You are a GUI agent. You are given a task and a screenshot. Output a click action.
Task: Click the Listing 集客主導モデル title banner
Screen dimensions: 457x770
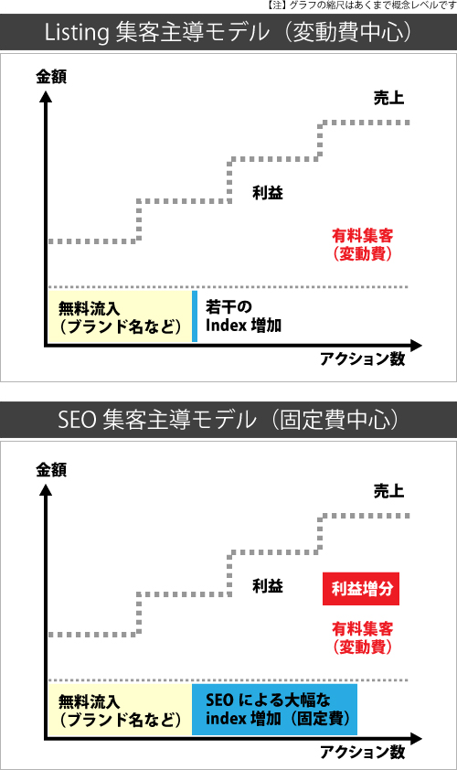click(x=228, y=32)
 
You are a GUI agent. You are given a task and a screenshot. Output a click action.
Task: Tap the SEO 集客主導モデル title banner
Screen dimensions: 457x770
click(x=228, y=420)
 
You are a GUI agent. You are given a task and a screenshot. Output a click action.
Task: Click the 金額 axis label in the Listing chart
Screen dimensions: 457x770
click(x=51, y=77)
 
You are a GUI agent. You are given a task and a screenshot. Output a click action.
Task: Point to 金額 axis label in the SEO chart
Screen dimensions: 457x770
click(x=51, y=469)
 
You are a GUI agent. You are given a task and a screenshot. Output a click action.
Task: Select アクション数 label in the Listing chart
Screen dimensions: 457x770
click(x=363, y=359)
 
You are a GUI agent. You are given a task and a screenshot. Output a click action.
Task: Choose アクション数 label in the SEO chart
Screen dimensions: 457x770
click(x=363, y=752)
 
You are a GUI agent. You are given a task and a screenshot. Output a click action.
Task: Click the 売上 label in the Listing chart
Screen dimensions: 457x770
click(x=388, y=98)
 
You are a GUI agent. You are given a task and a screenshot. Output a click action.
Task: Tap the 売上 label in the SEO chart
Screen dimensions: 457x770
click(x=388, y=491)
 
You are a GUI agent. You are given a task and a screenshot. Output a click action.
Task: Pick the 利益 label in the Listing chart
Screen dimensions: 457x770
click(x=268, y=192)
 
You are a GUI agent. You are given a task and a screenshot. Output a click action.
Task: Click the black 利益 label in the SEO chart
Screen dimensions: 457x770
click(x=268, y=586)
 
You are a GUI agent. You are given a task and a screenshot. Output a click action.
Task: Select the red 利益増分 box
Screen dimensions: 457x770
click(x=361, y=589)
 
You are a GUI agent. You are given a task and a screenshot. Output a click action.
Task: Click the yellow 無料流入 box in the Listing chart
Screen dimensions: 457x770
click(x=120, y=316)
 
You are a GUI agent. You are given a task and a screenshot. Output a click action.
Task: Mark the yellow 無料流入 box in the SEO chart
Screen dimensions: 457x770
click(x=120, y=709)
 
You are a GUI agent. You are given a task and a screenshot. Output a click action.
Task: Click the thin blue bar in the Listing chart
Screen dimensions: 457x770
click(x=195, y=316)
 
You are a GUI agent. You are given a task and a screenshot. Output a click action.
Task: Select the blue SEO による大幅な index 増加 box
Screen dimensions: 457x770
click(x=274, y=709)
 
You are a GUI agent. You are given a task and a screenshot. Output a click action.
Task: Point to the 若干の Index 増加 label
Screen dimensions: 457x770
click(x=243, y=316)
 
